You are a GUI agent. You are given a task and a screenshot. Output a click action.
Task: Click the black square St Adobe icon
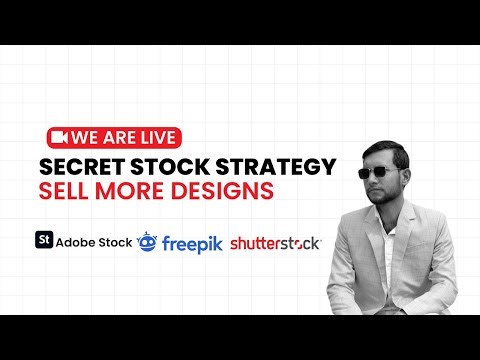(44, 240)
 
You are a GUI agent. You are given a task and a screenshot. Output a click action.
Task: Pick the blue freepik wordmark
(193, 242)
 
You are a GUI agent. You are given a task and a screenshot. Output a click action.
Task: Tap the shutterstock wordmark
(275, 243)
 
